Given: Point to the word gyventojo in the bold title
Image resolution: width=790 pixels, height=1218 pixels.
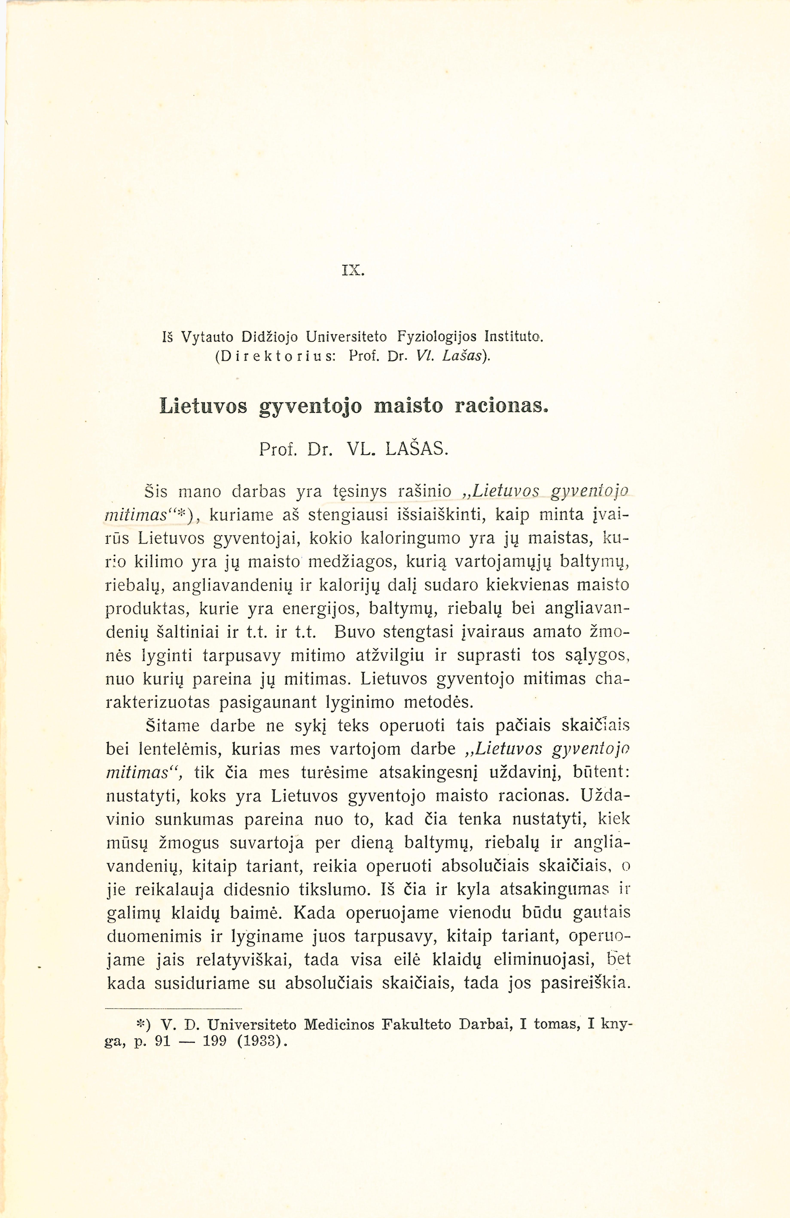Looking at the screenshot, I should coord(311,406).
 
